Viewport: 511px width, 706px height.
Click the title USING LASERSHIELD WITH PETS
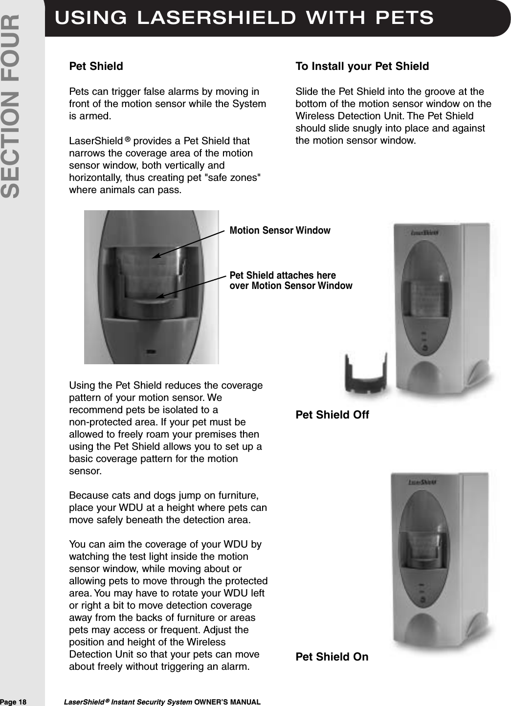[x=244, y=17]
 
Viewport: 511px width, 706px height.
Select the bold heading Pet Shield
[x=96, y=66]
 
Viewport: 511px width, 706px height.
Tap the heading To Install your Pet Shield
[x=362, y=66]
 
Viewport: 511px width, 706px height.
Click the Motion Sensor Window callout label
[x=280, y=230]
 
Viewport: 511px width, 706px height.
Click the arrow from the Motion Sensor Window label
[x=191, y=243]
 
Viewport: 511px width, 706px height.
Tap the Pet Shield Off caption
[x=333, y=415]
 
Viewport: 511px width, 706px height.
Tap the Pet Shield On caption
[x=332, y=656]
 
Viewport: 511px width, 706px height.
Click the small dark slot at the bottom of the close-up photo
[x=151, y=351]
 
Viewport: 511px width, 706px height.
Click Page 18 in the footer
[x=14, y=702]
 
